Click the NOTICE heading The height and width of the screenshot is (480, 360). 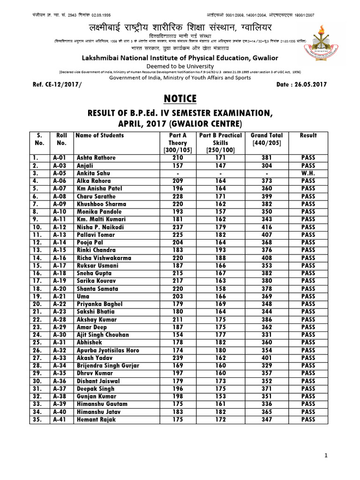point(180,98)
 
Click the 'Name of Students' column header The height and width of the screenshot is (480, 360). point(100,135)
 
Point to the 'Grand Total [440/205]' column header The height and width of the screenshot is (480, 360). point(266,139)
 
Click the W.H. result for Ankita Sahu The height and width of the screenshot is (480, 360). point(308,173)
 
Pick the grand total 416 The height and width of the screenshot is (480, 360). point(266,227)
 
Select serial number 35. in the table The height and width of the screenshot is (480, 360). point(38,420)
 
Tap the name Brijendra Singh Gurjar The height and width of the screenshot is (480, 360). point(108,366)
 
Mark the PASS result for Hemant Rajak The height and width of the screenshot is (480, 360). point(308,420)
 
